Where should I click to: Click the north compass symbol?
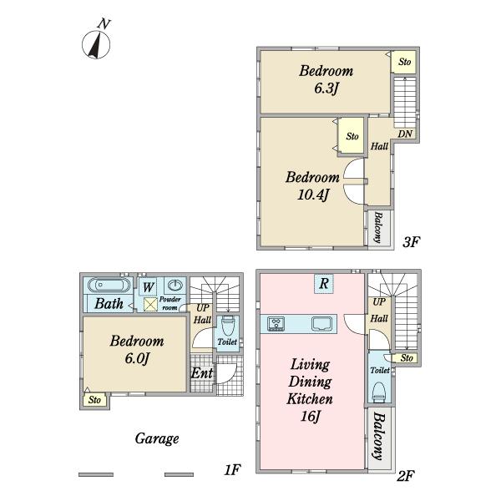point(96,42)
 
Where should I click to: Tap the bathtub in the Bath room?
point(109,285)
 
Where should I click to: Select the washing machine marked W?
point(149,286)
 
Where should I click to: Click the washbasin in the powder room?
point(175,285)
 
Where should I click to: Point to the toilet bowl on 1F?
point(227,326)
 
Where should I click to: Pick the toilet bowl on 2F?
point(380,392)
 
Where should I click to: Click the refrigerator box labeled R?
point(324,283)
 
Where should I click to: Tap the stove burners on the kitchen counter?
point(276,324)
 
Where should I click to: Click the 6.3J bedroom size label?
point(326,89)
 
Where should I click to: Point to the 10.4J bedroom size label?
point(313,195)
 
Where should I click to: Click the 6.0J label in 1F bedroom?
point(137,358)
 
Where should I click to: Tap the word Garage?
point(157,438)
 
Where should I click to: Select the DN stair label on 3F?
point(405,134)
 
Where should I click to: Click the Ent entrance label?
point(201,373)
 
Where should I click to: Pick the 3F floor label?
point(411,242)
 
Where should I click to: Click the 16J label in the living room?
point(310,416)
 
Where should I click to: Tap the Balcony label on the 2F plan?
point(379,436)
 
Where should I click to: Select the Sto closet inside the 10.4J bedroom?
point(352,136)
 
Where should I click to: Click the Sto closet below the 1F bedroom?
point(94,400)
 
